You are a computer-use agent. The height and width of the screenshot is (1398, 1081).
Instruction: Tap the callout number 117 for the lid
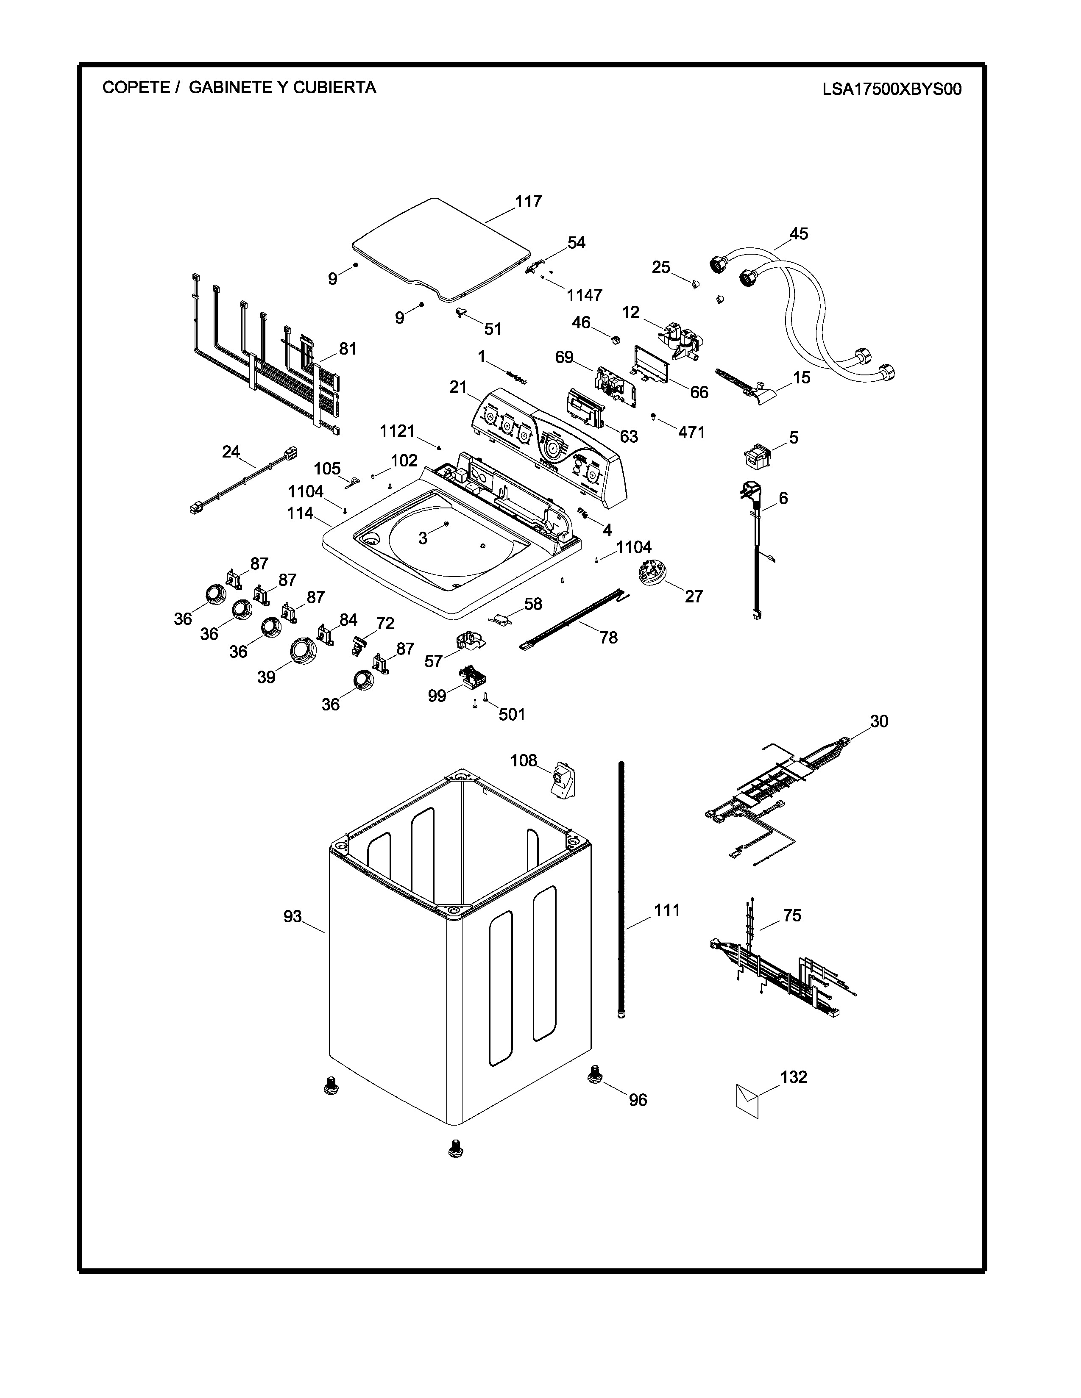tap(528, 202)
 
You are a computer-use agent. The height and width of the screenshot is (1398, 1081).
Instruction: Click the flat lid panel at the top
tap(442, 250)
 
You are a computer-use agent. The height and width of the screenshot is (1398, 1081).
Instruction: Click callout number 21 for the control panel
tap(458, 387)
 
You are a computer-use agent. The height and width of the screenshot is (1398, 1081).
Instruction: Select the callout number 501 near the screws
tap(512, 714)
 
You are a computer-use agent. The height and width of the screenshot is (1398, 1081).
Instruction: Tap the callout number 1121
tap(398, 431)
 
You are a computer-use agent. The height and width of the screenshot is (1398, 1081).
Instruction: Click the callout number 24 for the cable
tap(231, 452)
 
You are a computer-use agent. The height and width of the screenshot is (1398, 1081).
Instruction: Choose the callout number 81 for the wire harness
tap(348, 349)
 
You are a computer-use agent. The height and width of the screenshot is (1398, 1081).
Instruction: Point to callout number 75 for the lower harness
tap(792, 916)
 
